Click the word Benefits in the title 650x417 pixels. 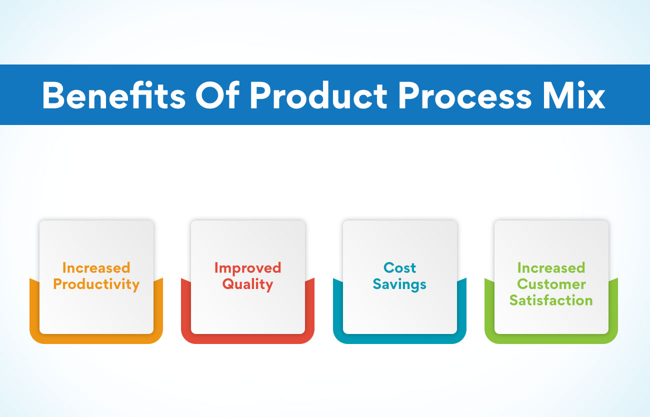[x=114, y=95]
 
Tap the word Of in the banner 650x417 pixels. [x=217, y=95]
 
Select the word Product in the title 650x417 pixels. [x=318, y=95]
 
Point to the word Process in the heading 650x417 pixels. [x=465, y=95]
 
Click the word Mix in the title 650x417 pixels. [x=574, y=95]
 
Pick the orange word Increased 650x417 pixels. [x=96, y=267]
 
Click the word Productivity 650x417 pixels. [x=96, y=284]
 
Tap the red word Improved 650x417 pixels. [x=248, y=268]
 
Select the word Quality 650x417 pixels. [x=248, y=284]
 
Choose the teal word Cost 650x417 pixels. [x=399, y=267]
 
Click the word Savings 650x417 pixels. [x=399, y=284]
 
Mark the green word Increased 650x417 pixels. [x=551, y=267]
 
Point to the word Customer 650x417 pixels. [x=551, y=284]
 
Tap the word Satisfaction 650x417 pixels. [x=551, y=300]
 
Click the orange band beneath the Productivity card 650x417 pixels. [x=96, y=338]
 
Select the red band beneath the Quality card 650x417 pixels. [x=248, y=338]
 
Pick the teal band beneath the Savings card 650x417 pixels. [x=399, y=338]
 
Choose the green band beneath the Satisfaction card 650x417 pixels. [x=551, y=338]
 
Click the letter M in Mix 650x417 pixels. [x=557, y=95]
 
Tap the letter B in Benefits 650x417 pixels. [x=53, y=95]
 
